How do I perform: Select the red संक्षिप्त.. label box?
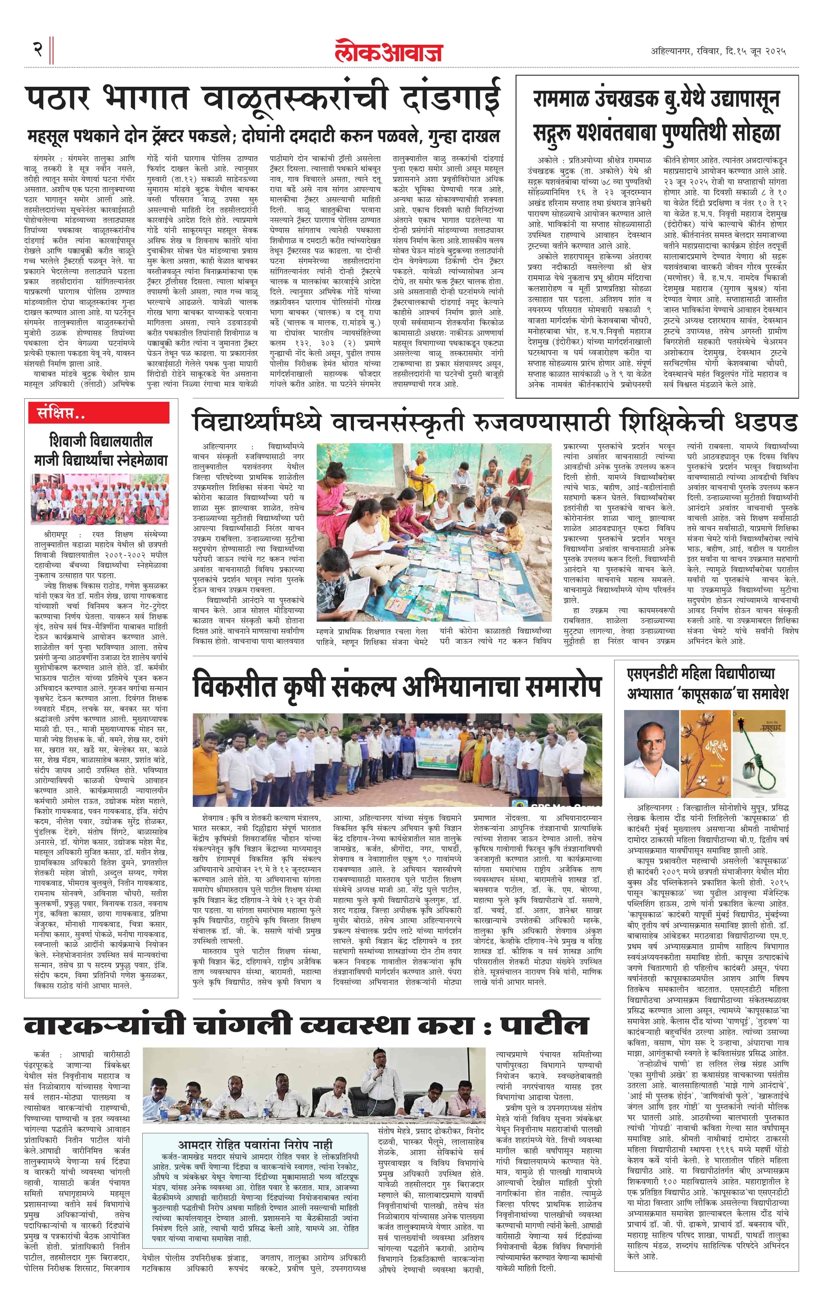(x=99, y=413)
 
